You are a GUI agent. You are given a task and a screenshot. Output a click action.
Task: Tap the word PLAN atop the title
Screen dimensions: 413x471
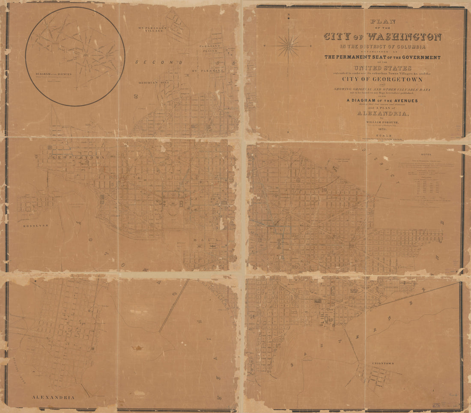click(x=382, y=21)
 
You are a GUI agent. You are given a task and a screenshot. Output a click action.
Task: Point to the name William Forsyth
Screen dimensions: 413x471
click(x=382, y=121)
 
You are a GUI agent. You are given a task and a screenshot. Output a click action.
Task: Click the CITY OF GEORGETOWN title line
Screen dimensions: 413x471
click(x=382, y=79)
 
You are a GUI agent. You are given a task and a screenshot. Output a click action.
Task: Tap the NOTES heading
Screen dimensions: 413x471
click(x=426, y=155)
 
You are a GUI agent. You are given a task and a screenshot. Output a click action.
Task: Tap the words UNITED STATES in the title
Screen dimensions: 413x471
click(x=382, y=68)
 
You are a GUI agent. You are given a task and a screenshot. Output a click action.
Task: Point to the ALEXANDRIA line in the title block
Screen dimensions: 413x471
click(x=382, y=113)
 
